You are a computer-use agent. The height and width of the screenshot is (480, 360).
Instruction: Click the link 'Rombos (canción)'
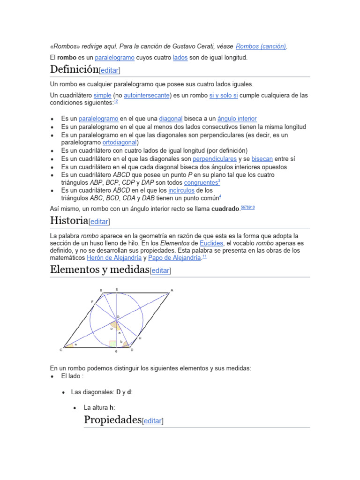261,46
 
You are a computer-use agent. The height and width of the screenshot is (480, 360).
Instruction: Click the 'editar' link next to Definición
110,70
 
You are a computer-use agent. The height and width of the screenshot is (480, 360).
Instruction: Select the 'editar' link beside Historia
99,221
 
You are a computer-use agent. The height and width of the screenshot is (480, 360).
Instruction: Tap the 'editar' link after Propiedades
152,421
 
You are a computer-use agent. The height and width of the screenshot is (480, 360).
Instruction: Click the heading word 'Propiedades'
112,420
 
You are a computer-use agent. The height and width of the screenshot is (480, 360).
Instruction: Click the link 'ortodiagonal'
120,142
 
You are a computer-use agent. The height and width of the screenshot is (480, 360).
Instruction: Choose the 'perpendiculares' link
215,159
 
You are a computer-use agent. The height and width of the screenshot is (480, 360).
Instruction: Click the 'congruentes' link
201,182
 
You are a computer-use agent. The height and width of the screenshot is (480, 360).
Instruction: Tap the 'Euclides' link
211,243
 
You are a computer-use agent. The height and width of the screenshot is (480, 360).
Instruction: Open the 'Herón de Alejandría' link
114,258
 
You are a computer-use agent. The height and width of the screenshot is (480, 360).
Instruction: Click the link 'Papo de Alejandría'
174,258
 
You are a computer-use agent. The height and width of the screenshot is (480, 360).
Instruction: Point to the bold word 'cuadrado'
225,209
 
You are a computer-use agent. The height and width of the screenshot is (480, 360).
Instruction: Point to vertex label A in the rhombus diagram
172,291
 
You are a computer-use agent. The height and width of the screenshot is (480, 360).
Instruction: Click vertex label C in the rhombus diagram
61,350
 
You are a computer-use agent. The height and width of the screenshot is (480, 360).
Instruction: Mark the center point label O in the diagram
118,317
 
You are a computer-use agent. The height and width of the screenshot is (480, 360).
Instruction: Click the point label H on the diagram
140,338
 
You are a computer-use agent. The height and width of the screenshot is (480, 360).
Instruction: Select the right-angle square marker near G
113,344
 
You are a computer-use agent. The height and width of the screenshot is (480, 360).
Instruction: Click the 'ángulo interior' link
237,119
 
